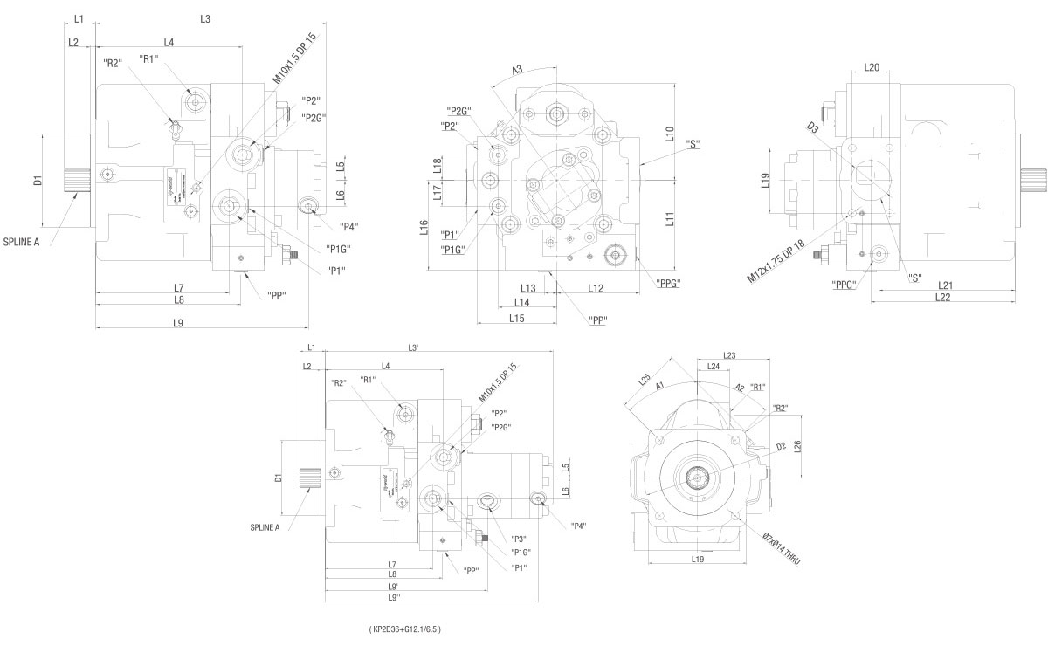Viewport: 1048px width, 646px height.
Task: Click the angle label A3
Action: [x=517, y=70]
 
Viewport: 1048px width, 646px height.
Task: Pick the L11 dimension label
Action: [x=670, y=219]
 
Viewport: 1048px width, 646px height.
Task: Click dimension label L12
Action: [x=596, y=288]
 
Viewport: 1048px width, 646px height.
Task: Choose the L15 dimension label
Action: [x=516, y=319]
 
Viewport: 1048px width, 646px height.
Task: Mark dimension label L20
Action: [x=872, y=67]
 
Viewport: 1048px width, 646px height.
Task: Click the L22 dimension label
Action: [x=942, y=298]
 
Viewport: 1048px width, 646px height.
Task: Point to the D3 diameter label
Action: [x=813, y=128]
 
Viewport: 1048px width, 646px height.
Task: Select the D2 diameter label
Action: [x=781, y=447]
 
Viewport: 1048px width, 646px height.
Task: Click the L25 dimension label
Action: [x=645, y=380]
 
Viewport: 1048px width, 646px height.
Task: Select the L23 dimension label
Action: [x=730, y=355]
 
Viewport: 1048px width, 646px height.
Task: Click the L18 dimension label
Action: [x=438, y=161]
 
